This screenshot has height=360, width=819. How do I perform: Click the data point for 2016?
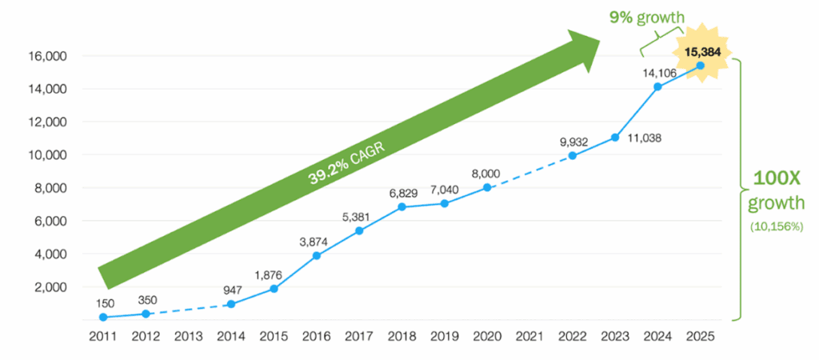click(x=316, y=255)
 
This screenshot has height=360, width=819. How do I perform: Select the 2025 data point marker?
click(x=700, y=65)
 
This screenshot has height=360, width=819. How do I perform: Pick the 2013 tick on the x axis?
click(x=186, y=337)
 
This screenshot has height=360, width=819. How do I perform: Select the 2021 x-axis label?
click(x=529, y=337)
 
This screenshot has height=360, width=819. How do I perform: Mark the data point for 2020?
click(x=486, y=187)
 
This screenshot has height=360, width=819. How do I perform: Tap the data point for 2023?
click(x=614, y=138)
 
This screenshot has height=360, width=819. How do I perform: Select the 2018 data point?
click(x=402, y=206)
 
